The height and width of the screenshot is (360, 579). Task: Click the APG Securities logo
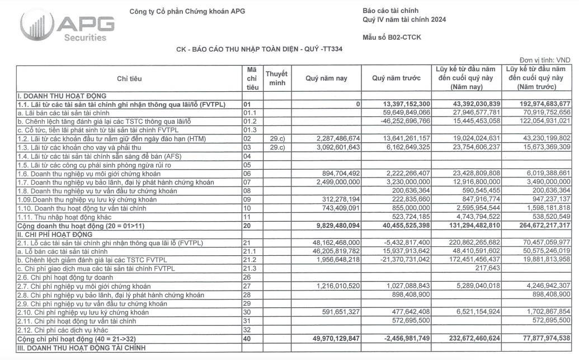click(x=67, y=25)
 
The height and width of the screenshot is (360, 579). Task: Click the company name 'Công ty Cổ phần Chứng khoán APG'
click(x=187, y=11)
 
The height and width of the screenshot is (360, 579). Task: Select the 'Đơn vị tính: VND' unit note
click(x=544, y=60)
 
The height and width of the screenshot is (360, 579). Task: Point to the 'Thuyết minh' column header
click(x=276, y=78)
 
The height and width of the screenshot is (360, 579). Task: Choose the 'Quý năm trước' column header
click(x=396, y=79)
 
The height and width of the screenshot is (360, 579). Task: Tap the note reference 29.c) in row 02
click(x=276, y=138)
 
